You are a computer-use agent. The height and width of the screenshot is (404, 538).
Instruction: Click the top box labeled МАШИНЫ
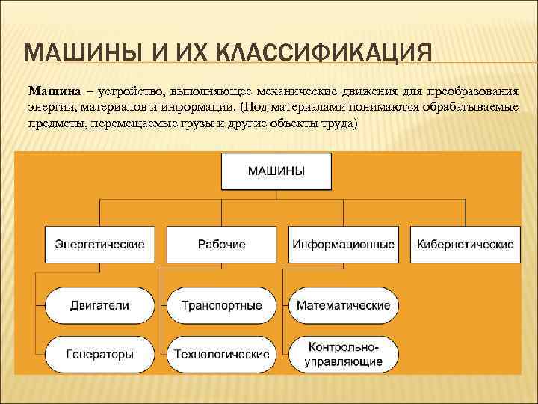pos(276,171)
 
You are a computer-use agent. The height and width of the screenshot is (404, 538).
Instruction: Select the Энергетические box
pos(99,245)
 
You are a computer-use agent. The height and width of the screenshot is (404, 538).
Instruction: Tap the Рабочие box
pos(222,245)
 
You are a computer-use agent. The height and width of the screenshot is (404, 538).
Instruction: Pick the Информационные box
pos(344,245)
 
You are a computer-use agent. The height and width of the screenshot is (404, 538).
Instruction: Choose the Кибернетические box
pos(465,245)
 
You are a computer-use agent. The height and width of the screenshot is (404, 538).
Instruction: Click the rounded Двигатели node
pos(99,305)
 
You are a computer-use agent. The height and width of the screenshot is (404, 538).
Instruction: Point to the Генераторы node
pos(99,353)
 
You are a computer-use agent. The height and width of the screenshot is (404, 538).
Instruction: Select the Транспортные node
pos(222,305)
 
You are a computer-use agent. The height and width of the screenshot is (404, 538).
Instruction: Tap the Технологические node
pos(222,353)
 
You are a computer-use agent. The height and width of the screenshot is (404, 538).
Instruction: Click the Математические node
pos(344,305)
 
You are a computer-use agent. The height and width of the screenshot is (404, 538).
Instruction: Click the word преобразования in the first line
pos(473,91)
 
